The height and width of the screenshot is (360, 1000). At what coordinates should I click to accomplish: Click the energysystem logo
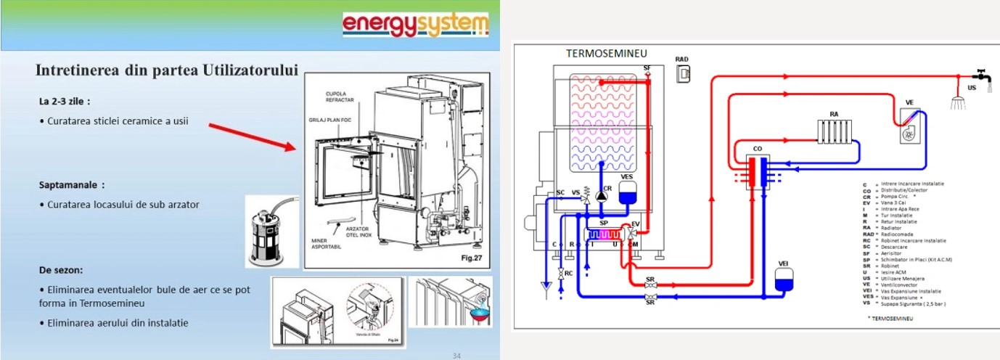click(x=416, y=25)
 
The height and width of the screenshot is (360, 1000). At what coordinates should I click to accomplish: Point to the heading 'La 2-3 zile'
click(x=65, y=101)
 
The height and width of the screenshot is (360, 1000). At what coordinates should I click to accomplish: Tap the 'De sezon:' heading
click(x=61, y=270)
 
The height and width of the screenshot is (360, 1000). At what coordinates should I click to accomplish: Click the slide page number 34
click(x=456, y=355)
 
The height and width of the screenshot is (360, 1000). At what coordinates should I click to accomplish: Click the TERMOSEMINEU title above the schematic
click(x=606, y=54)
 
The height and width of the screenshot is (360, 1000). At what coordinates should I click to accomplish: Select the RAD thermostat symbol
click(x=682, y=73)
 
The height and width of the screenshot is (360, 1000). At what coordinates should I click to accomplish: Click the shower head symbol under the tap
click(x=959, y=102)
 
